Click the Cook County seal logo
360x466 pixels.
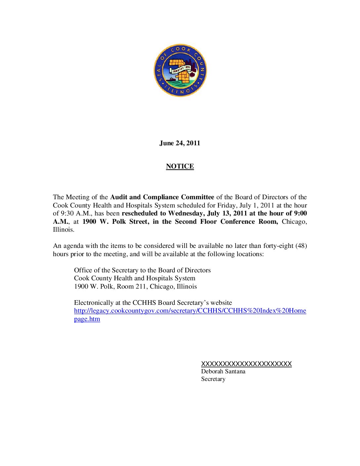pyautogui.click(x=180, y=70)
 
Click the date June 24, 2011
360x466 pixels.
pyautogui.click(x=180, y=143)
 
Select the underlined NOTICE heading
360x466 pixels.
pyautogui.click(x=180, y=166)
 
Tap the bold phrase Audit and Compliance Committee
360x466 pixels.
pyautogui.click(x=162, y=197)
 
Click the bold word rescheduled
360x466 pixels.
pyautogui.click(x=139, y=213)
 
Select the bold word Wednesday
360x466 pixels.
pyautogui.click(x=186, y=213)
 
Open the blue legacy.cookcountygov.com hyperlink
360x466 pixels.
pyautogui.click(x=190, y=311)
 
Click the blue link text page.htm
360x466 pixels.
pyautogui.click(x=87, y=319)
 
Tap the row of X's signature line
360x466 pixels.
pyautogui.click(x=246, y=364)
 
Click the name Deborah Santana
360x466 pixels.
pyautogui.click(x=223, y=371)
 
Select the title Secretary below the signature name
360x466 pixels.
pyautogui.click(x=213, y=379)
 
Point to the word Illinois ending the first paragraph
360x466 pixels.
pyautogui.click(x=63, y=230)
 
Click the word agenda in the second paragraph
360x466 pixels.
pyautogui.click(x=73, y=246)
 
